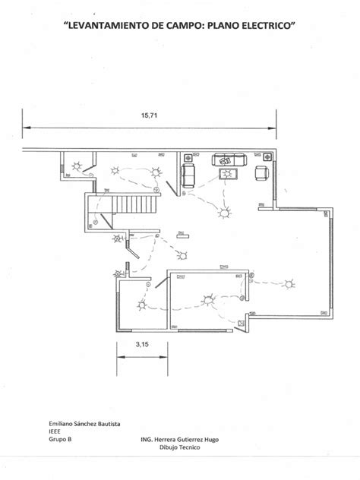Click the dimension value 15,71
[149, 115]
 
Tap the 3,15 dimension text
[142, 344]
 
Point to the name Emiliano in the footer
[60, 424]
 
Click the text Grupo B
[60, 439]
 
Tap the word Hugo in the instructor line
[212, 440]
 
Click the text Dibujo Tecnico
[180, 447]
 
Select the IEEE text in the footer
[55, 431]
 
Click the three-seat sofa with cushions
[229, 159]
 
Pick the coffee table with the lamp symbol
[228, 174]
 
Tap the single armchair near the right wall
[262, 173]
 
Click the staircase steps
[134, 204]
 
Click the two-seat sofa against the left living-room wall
[188, 175]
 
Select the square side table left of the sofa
[188, 158]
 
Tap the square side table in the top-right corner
[267, 157]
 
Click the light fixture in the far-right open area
[289, 284]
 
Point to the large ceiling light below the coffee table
[224, 213]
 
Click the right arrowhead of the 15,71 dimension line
[272, 128]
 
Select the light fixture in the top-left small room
[77, 166]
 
